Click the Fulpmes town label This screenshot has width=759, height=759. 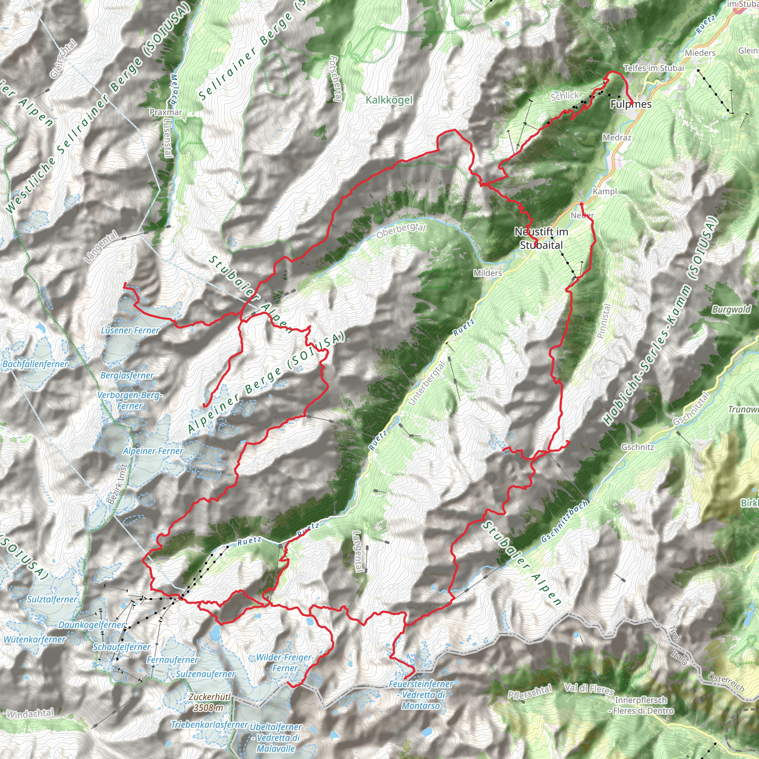630,104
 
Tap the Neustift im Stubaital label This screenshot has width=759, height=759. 541,238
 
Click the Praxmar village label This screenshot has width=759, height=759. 166,112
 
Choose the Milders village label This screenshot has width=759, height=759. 488,273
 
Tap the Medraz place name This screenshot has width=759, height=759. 617,137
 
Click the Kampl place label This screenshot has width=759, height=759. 604,191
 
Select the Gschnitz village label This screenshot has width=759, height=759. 637,447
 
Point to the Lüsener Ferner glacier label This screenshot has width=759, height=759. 130,330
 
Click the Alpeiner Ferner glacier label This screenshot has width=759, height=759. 153,451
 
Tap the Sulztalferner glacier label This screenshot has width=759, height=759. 52,599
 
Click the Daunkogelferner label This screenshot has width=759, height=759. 91,624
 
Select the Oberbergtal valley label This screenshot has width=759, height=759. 401,231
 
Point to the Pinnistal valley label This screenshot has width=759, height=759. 604,321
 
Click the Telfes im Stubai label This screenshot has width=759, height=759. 654,68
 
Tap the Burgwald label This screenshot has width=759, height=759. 731,309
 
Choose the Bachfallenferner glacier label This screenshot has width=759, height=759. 35,364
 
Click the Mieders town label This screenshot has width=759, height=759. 700,53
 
